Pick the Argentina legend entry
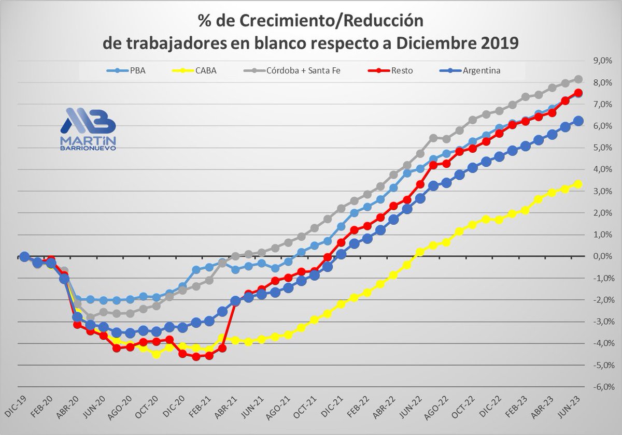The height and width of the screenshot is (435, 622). click(x=472, y=71)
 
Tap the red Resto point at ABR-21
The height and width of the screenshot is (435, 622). click(x=235, y=301)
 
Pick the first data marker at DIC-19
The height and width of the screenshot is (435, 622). click(x=24, y=256)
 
